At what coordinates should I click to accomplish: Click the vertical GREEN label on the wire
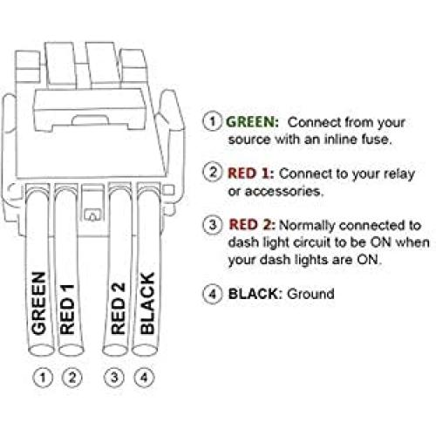(38, 304)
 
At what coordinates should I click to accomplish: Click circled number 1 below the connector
(38, 378)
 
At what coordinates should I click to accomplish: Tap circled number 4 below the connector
(146, 378)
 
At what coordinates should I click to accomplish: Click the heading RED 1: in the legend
(249, 173)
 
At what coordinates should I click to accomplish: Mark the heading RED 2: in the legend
(249, 224)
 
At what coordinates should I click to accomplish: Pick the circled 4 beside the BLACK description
(211, 294)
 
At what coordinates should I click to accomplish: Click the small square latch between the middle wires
(92, 212)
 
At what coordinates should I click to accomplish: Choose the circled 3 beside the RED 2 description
(211, 224)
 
